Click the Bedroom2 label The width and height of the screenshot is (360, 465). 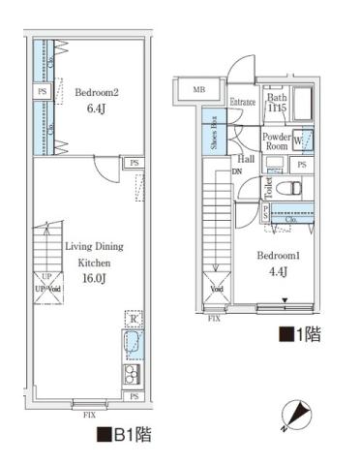coord(95,93)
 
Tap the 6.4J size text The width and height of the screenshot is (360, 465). coord(96,109)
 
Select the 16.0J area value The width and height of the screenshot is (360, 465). coord(94,277)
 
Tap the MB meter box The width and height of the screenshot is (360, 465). coord(199,91)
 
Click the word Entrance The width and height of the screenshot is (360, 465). coord(242,102)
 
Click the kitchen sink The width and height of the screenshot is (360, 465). coord(131,345)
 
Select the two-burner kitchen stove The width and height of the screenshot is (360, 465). coord(131,374)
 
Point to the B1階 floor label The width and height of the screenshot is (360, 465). coord(123,435)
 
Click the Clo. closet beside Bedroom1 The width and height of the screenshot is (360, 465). coord(291,217)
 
